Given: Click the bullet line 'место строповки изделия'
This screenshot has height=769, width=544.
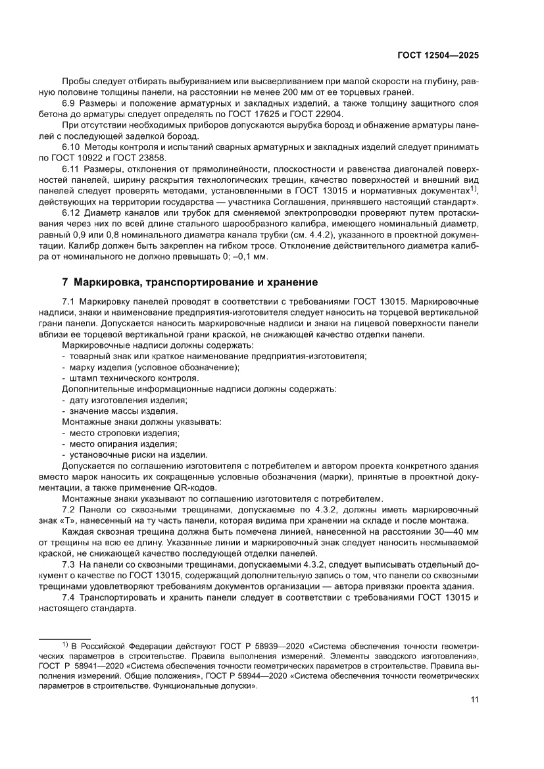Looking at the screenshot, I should (123, 433).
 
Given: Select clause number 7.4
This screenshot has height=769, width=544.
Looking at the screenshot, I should (70, 597).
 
